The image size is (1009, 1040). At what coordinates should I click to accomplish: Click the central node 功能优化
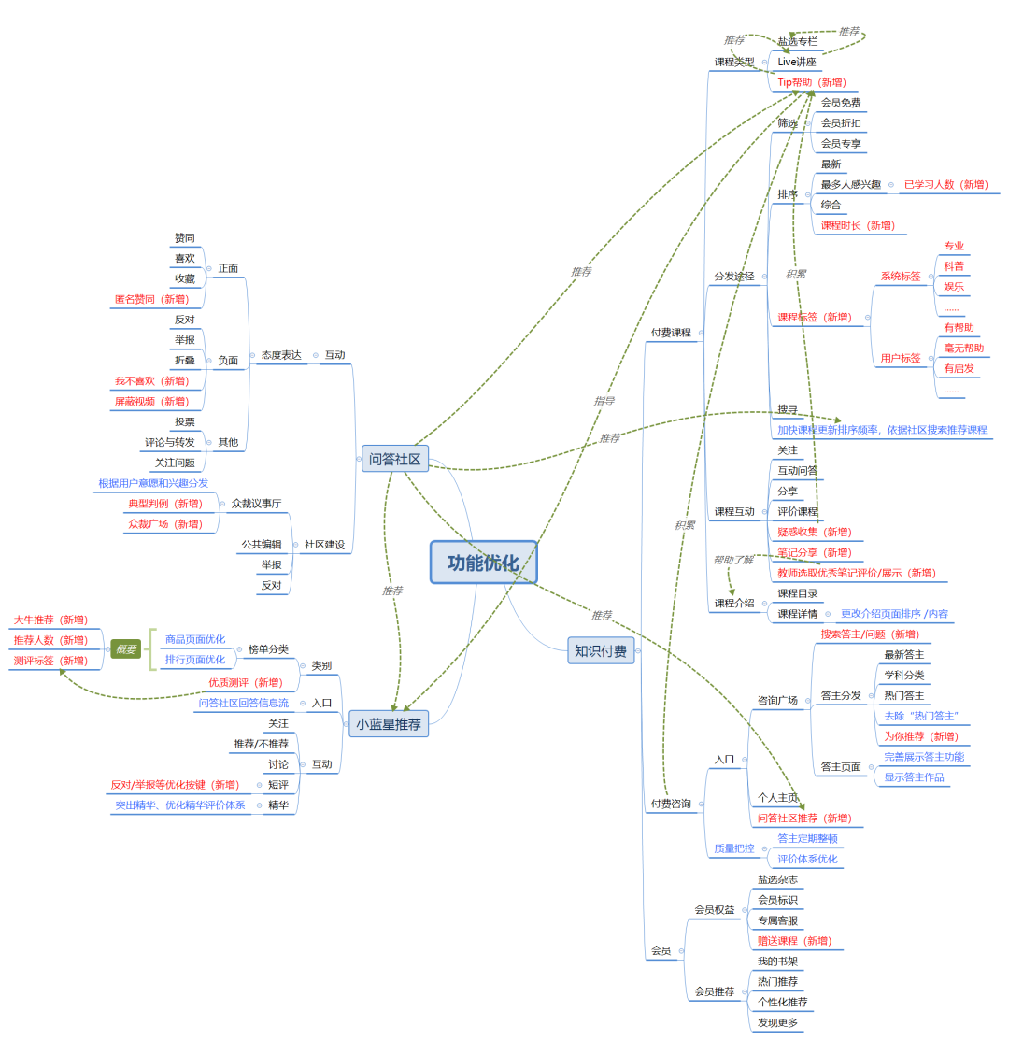pos(483,563)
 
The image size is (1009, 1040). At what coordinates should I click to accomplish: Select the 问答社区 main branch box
pos(394,459)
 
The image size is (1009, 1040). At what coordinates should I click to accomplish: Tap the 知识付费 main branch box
pos(601,650)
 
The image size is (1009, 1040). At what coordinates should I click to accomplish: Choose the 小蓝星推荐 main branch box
pos(389,723)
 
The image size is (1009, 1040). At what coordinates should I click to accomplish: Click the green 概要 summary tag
pos(125,649)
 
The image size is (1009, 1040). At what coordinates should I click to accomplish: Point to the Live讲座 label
pos(797,62)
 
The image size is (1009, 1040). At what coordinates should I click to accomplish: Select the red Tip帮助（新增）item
pos(811,82)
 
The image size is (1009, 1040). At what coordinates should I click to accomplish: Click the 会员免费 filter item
pos(841,103)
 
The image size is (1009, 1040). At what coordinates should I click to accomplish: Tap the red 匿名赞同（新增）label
pos(151,299)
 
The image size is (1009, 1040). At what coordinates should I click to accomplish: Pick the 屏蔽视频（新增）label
pos(151,401)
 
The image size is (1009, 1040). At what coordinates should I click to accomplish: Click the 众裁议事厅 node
pos(256,504)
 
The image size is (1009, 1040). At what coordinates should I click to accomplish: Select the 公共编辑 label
pos(262,544)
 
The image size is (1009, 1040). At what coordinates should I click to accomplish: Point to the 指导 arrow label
pos(604,401)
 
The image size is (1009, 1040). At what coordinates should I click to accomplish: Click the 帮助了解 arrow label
pos(732,560)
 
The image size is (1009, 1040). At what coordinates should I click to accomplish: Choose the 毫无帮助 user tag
pos(963,348)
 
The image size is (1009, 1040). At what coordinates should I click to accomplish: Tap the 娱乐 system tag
pos(953,287)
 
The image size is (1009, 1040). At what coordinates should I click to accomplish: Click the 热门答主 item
pos(903,695)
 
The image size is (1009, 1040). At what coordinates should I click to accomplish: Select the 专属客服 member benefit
pos(777,919)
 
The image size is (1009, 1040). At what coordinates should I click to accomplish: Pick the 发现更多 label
pos(777,1022)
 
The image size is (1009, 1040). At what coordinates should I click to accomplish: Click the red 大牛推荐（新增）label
pos(50,620)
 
